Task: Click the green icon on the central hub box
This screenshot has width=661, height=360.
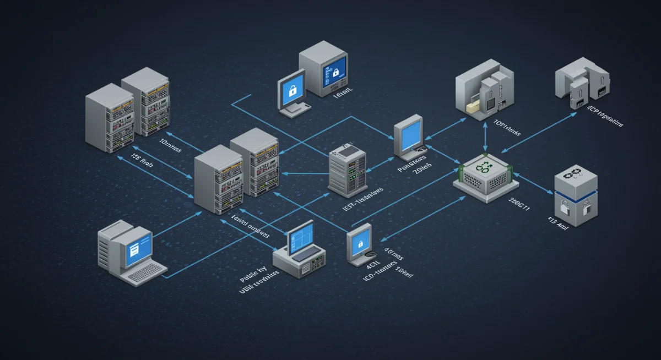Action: pyautogui.click(x=484, y=167)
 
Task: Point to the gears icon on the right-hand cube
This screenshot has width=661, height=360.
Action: pyautogui.click(x=576, y=175)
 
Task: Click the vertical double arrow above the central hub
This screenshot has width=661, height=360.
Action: pyautogui.click(x=485, y=136)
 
